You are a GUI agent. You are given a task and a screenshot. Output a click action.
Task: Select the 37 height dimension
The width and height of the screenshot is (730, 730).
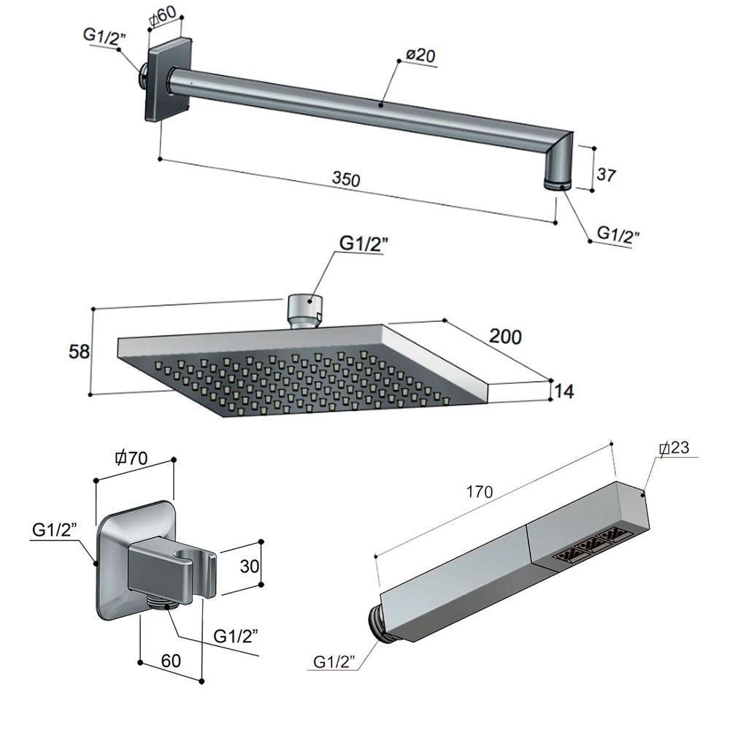pos(606,175)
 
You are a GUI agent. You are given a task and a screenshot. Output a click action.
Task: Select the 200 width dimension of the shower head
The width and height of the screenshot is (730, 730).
pos(505,337)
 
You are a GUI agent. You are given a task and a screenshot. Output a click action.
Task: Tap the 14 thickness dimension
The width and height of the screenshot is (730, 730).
pos(564,392)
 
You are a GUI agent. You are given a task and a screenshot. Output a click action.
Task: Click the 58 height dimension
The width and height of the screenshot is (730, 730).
pos(79,351)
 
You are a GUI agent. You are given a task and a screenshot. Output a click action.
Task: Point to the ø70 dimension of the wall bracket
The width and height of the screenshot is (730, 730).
pos(131,458)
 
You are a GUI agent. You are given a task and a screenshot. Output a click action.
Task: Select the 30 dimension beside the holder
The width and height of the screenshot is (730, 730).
pos(249,566)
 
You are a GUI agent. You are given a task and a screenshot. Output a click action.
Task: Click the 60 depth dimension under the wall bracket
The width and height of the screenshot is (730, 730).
pos(170,661)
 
